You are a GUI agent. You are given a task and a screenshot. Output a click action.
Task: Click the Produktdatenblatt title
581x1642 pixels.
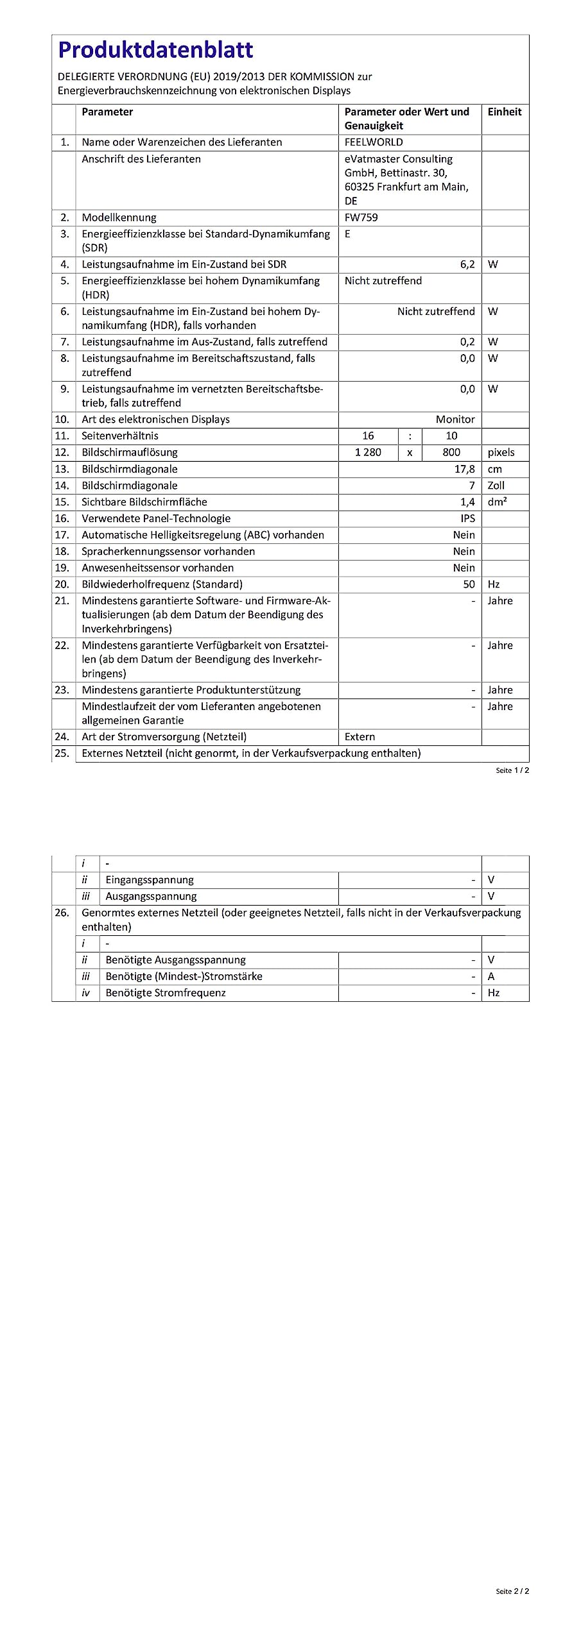[155, 50]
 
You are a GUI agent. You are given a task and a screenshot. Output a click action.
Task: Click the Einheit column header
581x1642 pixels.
[504, 112]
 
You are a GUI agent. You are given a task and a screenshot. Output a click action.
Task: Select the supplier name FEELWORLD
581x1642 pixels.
[374, 142]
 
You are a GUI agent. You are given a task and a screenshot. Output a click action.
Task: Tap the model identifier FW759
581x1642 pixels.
[361, 217]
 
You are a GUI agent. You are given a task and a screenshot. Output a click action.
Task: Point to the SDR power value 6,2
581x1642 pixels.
[467, 264]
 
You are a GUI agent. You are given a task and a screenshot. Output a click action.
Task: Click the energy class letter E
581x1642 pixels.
[347, 234]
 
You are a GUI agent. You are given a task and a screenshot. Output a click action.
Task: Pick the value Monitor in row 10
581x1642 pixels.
[455, 419]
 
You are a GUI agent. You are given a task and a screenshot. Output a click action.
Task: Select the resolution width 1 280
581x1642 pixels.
[368, 452]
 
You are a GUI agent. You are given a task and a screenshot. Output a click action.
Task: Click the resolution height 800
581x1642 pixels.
[451, 452]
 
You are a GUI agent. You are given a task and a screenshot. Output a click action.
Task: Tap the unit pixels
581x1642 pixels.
[501, 452]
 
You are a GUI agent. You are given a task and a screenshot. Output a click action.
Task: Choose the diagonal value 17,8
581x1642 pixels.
[464, 469]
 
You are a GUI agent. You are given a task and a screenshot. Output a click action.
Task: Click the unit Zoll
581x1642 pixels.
[496, 486]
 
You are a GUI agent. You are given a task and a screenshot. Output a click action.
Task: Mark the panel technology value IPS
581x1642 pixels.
[468, 518]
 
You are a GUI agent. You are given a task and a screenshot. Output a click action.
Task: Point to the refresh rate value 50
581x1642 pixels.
[469, 584]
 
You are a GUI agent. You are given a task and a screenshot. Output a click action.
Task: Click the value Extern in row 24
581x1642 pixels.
[360, 737]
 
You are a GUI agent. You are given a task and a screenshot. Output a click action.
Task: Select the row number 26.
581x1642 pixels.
[62, 913]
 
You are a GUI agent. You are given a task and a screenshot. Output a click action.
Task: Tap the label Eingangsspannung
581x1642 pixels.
[150, 880]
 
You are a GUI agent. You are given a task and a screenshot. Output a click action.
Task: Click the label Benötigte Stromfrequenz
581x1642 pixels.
[166, 993]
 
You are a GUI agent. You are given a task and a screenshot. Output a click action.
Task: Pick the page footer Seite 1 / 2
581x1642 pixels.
[512, 770]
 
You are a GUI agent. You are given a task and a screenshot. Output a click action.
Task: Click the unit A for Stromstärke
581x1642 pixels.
[491, 976]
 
